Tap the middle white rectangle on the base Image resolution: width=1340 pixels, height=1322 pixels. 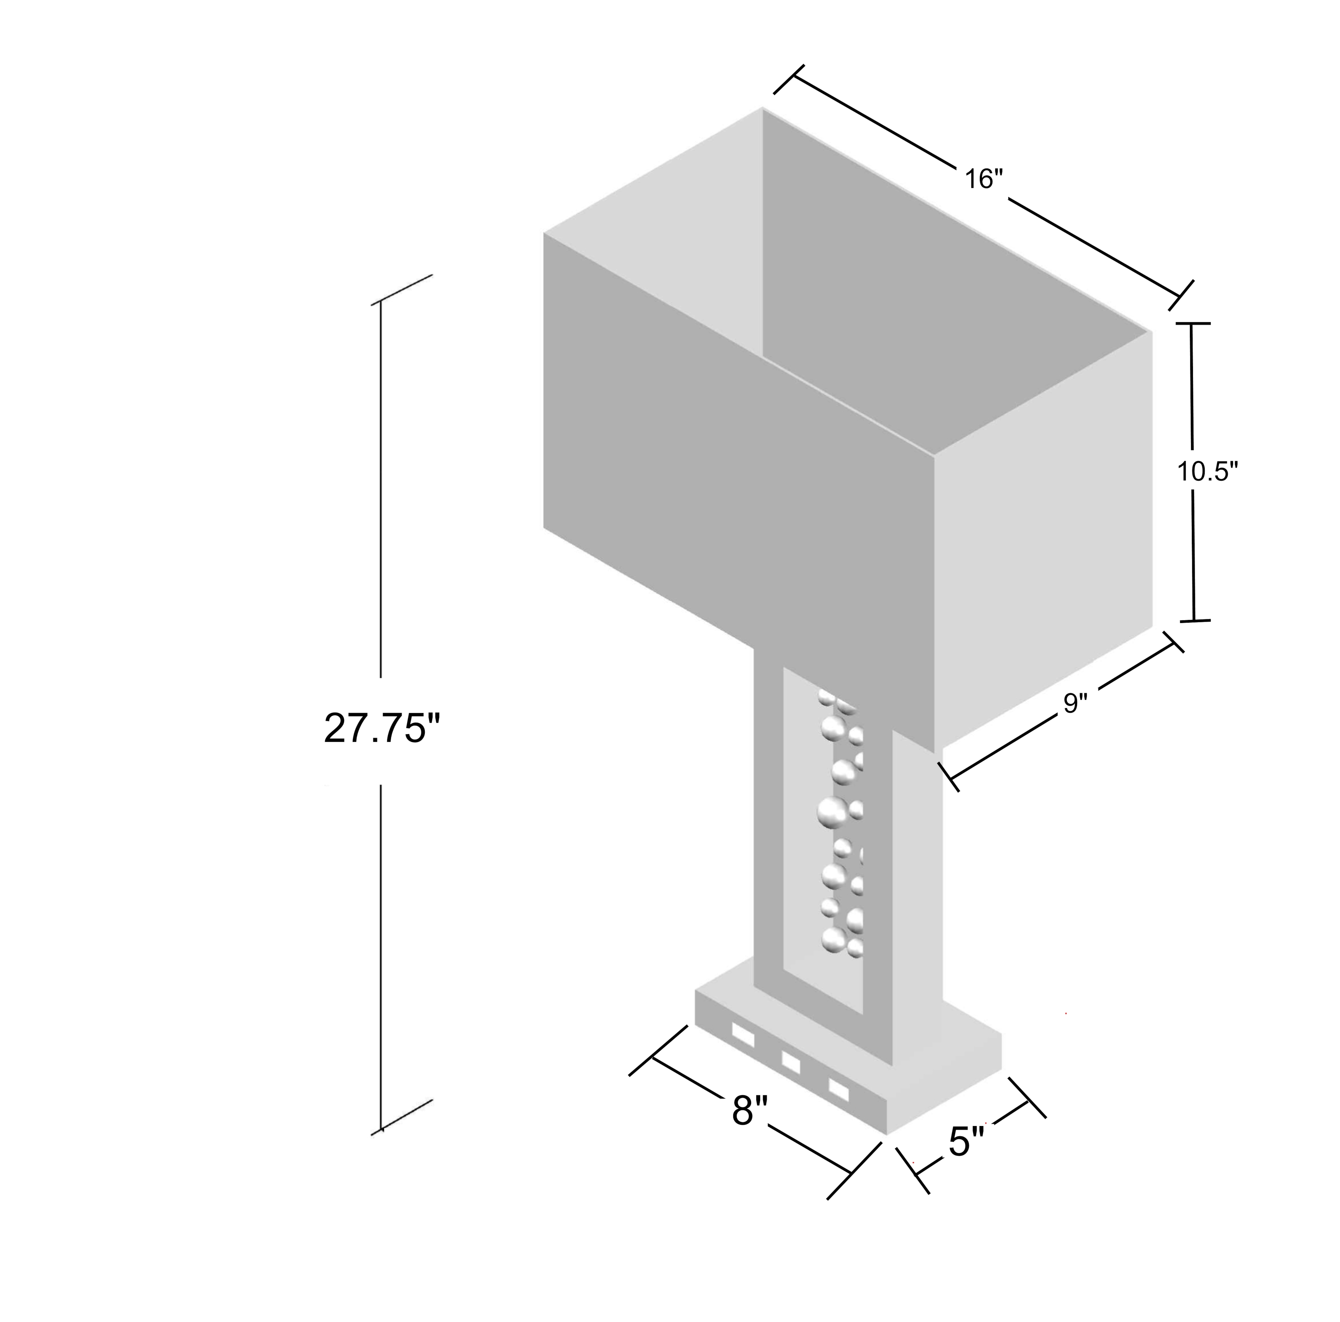pyautogui.click(x=791, y=1062)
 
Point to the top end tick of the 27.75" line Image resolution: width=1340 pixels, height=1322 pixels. pyautogui.click(x=402, y=290)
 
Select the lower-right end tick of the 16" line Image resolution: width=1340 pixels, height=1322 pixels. pyautogui.click(x=1181, y=295)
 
